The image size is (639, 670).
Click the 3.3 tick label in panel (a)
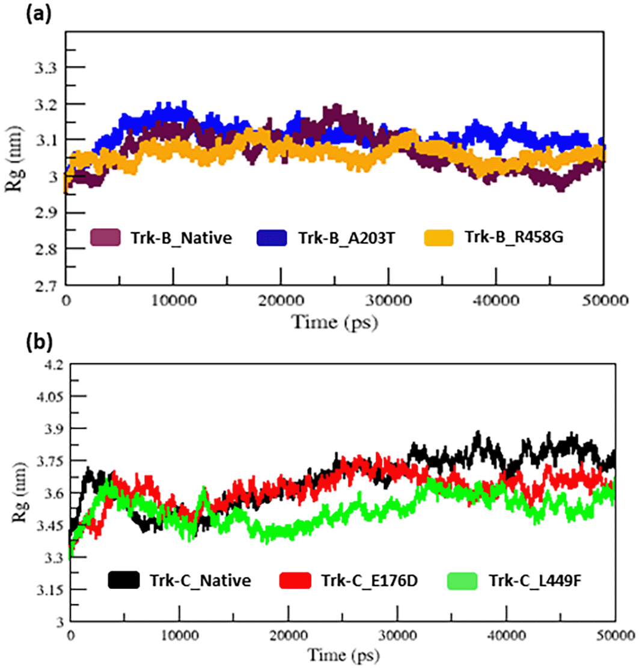click(x=45, y=68)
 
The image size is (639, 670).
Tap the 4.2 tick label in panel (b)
click(x=50, y=364)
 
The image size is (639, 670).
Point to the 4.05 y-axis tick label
click(x=47, y=397)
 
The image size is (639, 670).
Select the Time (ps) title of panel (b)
click(x=340, y=658)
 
